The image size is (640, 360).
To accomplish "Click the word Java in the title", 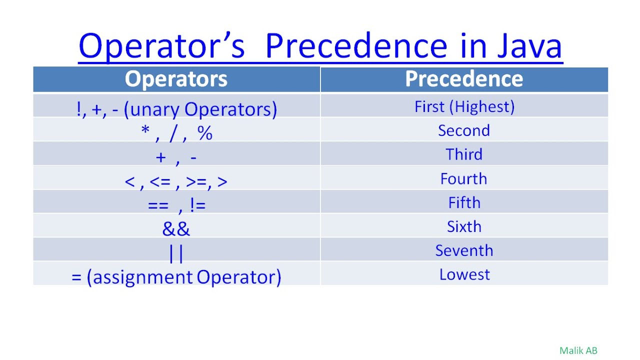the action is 529,46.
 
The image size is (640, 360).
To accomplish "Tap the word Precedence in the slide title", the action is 356,45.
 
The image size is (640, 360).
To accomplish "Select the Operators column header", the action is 176,79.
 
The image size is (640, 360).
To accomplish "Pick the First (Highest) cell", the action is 464,107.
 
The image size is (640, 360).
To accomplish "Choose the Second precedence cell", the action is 464,130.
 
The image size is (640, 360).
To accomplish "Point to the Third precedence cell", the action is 464,154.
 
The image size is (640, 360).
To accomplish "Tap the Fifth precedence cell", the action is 464,202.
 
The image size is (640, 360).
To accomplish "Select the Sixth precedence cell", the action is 464,226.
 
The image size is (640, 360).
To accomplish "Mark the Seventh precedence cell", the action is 464,250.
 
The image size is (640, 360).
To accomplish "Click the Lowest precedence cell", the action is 464,274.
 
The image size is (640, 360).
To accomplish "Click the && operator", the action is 176,228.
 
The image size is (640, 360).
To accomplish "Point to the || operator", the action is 176,253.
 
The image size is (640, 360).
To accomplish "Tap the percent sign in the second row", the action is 205,133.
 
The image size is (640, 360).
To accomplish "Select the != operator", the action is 197,205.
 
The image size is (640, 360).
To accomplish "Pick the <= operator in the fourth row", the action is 160,181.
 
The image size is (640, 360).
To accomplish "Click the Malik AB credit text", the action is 578,350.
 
